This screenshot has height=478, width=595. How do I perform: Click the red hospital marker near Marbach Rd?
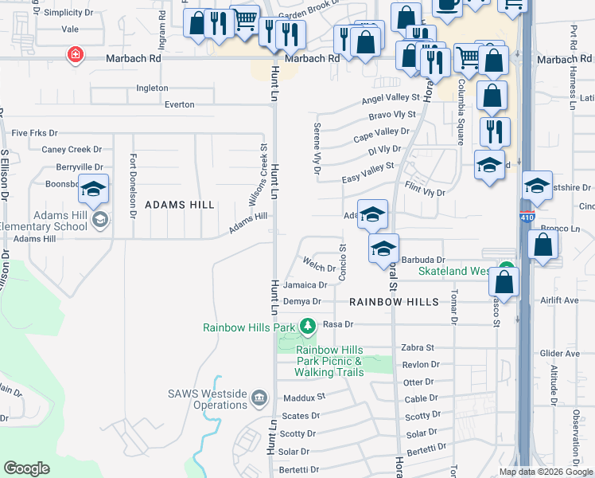tap(75, 55)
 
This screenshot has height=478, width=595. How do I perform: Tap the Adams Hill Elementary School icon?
tap(99, 219)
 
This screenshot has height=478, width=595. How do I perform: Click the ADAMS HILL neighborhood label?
tap(180, 205)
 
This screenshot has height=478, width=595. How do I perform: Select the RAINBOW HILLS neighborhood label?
tap(394, 303)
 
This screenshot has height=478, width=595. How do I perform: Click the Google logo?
tap(26, 468)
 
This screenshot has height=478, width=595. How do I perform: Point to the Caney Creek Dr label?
tap(72, 149)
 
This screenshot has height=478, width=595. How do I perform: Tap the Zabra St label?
tap(418, 347)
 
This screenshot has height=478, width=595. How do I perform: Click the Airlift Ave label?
tap(560, 300)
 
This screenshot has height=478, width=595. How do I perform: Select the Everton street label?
tap(179, 104)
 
